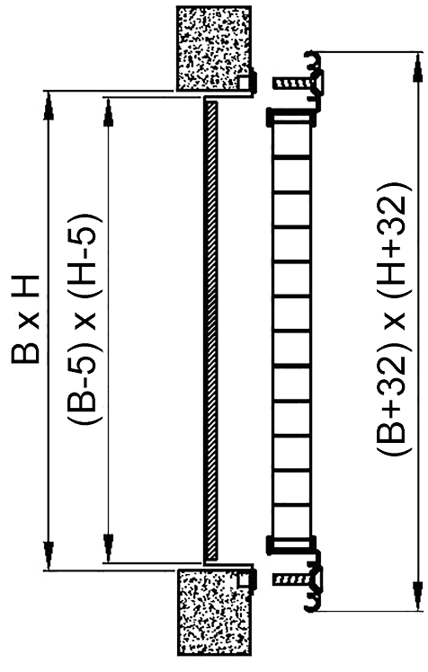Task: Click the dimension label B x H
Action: click(x=26, y=319)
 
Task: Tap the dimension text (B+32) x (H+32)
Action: click(x=394, y=318)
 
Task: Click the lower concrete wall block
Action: click(x=214, y=612)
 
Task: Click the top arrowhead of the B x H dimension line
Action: click(x=49, y=105)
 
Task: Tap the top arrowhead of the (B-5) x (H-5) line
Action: click(x=109, y=112)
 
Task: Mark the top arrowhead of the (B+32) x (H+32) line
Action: click(x=415, y=67)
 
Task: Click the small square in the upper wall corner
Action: click(x=244, y=82)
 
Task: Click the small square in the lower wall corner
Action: click(x=244, y=579)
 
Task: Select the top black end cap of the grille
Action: click(x=290, y=118)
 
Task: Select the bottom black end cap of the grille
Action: click(x=290, y=544)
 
